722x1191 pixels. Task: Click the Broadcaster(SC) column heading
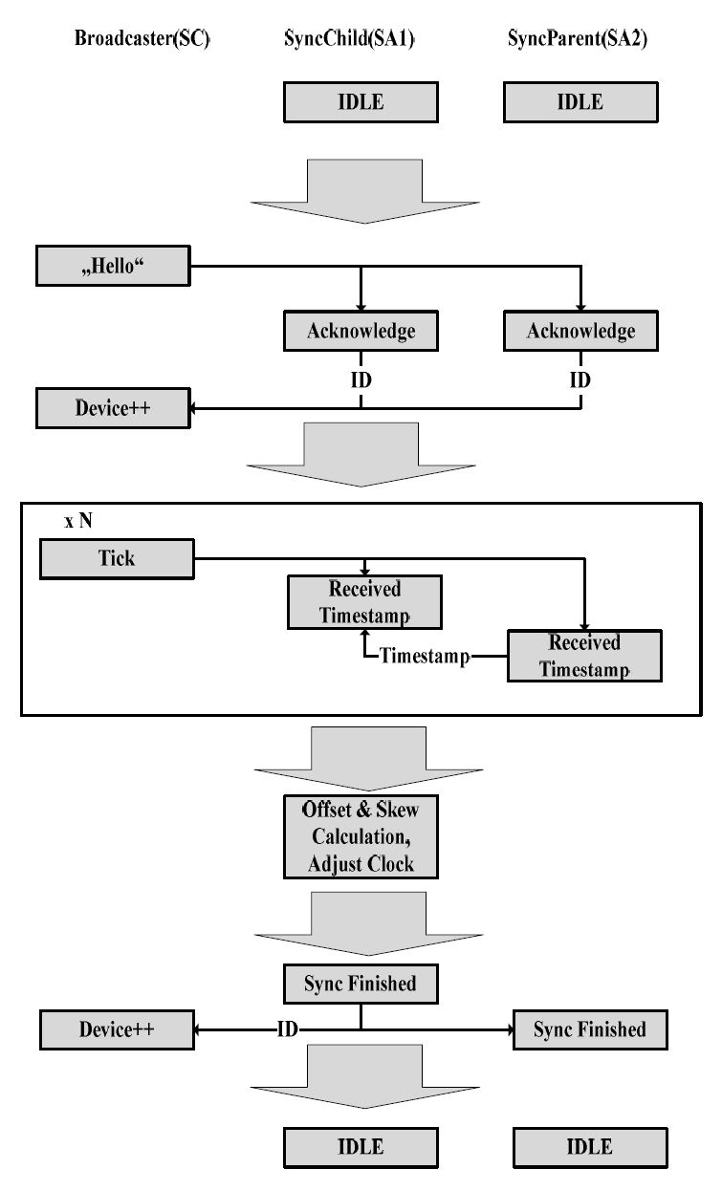[x=142, y=41]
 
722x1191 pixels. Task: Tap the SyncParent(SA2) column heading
[x=577, y=41]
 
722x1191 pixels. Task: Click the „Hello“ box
[x=112, y=265]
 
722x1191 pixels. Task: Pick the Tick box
[x=116, y=558]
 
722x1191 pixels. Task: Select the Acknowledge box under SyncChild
[x=361, y=331]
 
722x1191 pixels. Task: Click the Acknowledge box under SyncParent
[x=580, y=331]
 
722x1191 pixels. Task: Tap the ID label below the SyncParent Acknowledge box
[x=580, y=379]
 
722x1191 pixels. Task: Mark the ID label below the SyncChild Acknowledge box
[x=361, y=379]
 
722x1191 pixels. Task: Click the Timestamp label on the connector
[x=425, y=656]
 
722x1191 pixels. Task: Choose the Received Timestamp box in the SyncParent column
[x=583, y=655]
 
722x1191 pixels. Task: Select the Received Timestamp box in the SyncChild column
[x=364, y=601]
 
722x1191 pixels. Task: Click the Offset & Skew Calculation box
[x=360, y=836]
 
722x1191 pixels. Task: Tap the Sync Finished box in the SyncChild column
[x=360, y=983]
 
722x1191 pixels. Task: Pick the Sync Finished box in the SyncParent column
[x=589, y=1029]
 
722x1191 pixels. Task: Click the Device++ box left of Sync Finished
[x=116, y=1029]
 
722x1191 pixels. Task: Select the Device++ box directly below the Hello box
[x=114, y=408]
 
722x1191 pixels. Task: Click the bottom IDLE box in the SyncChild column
[x=360, y=1146]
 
